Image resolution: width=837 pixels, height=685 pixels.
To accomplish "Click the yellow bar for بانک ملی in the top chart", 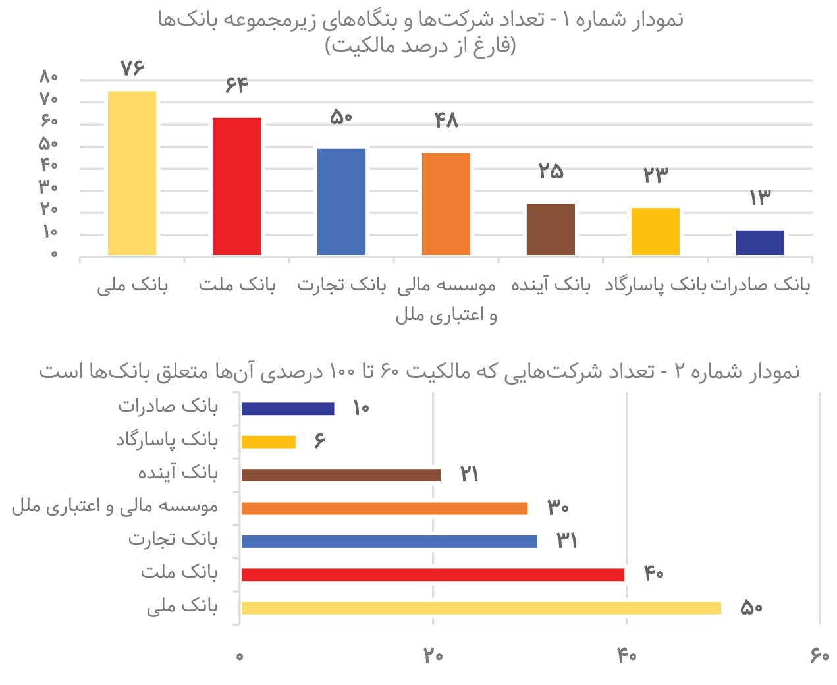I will [132, 173].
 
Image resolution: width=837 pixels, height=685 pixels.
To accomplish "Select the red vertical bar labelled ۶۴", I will [236, 186].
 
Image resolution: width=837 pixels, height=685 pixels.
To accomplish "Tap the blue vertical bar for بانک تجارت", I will [341, 202].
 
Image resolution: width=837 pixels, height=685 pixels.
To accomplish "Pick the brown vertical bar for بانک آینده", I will [551, 229].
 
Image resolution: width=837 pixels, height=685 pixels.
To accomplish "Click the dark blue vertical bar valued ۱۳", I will [760, 242].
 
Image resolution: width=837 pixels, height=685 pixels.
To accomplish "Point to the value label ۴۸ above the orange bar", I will [446, 120].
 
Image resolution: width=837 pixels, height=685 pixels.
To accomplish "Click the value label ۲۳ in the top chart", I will [655, 175].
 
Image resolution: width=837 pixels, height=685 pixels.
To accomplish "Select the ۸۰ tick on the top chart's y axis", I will [49, 78].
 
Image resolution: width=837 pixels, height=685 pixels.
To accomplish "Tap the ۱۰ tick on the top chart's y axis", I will [50, 232].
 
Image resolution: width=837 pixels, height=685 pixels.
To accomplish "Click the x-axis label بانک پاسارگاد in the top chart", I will [655, 285].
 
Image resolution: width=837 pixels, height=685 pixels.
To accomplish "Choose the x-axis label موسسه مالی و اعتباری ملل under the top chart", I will [446, 300].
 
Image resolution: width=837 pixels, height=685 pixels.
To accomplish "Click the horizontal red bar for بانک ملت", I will [433, 574].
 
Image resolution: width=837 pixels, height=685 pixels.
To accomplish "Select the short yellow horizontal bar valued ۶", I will [268, 441].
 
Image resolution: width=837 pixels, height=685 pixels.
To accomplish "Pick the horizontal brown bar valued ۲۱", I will [340, 475].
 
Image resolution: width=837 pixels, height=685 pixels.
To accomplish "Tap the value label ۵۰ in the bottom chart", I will [751, 607].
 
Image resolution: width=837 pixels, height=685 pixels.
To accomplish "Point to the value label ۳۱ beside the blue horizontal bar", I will [567, 541].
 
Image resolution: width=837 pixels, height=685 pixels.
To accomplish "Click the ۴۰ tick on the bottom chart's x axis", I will [626, 655].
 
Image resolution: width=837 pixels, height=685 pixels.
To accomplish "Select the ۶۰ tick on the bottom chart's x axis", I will [820, 655].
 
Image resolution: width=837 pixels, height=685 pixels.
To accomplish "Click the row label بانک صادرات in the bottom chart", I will [168, 406].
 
